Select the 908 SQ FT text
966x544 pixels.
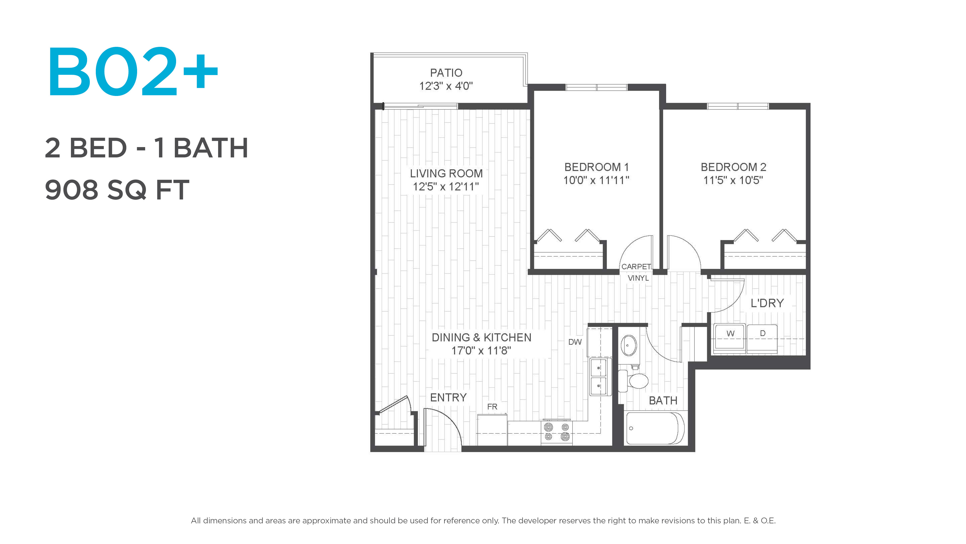pyautogui.click(x=117, y=190)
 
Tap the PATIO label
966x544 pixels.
pyautogui.click(x=446, y=73)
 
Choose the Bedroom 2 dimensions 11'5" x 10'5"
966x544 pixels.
pyautogui.click(x=733, y=180)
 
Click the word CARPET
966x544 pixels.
pyautogui.click(x=636, y=266)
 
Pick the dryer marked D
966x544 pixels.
pyautogui.click(x=762, y=339)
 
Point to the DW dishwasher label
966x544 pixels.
pyautogui.click(x=575, y=342)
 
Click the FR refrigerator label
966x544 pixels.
pyautogui.click(x=492, y=406)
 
